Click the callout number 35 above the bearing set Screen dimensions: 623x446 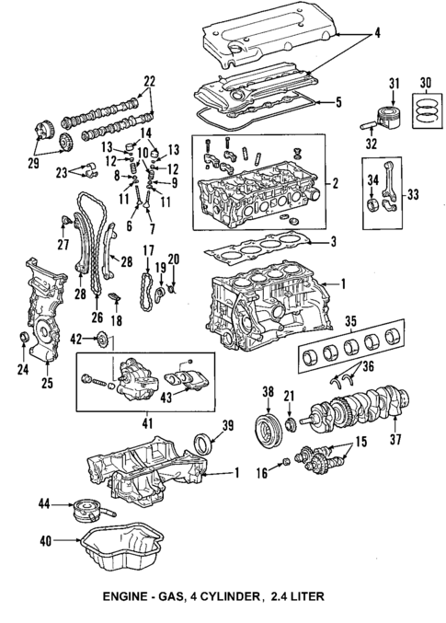click(x=350, y=322)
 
